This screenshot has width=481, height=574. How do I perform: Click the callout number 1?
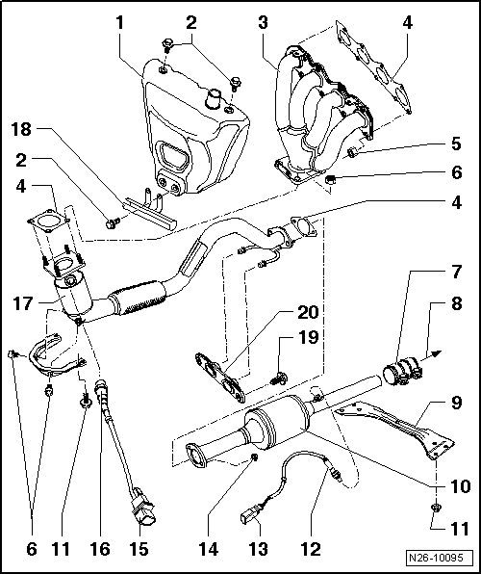click(120, 23)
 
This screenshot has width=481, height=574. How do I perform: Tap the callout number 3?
click(263, 23)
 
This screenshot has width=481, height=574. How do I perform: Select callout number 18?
click(21, 130)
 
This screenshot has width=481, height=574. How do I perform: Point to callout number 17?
click(23, 303)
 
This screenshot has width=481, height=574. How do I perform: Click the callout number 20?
click(308, 312)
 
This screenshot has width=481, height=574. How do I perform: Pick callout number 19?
click(308, 337)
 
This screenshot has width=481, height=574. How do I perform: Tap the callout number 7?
click(456, 273)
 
